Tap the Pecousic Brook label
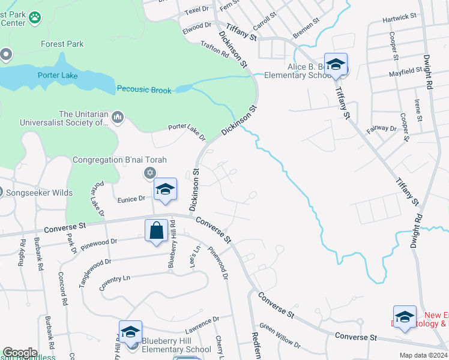click(x=144, y=90)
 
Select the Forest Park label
click(x=62, y=44)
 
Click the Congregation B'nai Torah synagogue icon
click(x=149, y=173)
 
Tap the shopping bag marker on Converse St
click(x=156, y=230)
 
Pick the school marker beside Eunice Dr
click(x=165, y=190)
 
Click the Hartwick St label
click(x=400, y=19)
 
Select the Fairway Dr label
click(x=385, y=128)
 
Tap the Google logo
click(x=20, y=353)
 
